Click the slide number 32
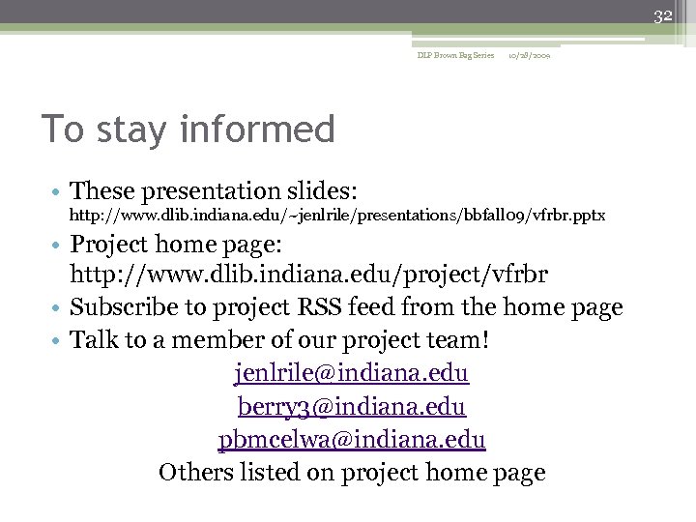[662, 16]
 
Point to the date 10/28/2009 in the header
[530, 56]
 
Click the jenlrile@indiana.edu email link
[352, 372]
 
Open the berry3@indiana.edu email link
[352, 406]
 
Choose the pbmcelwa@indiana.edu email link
[352, 440]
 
